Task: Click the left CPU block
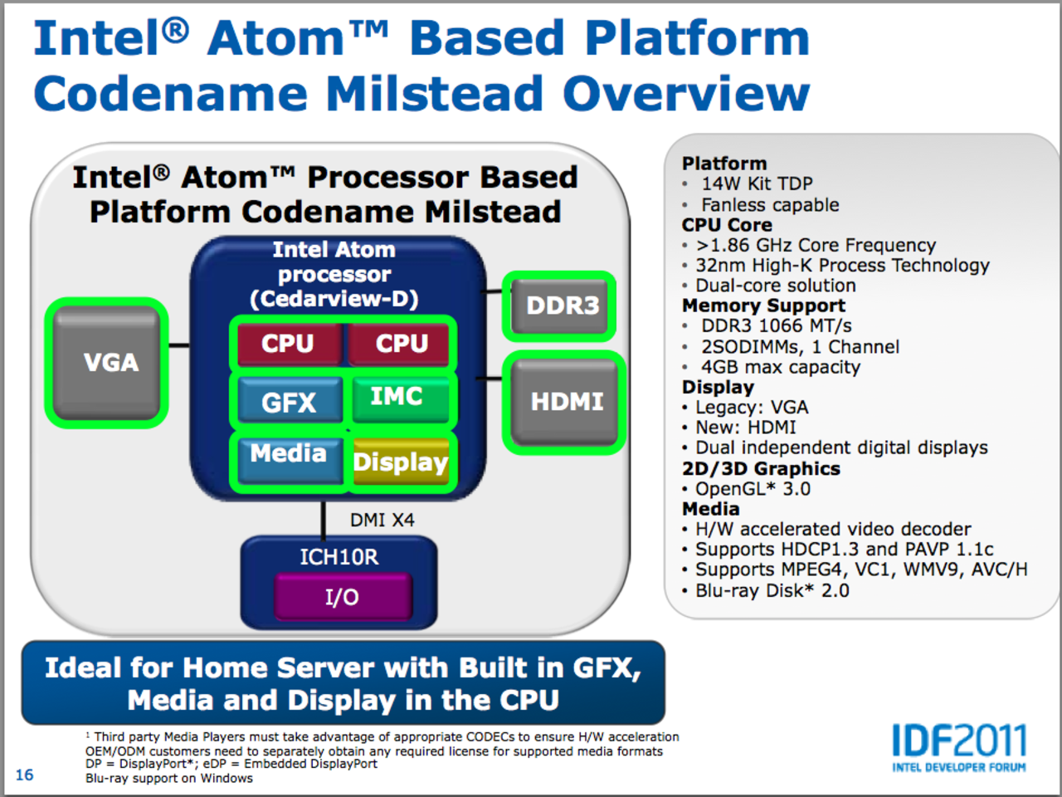click(x=288, y=344)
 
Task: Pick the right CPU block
click(x=401, y=344)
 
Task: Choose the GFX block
click(x=289, y=402)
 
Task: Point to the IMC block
click(x=399, y=398)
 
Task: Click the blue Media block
click(x=288, y=457)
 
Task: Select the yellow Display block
click(x=400, y=462)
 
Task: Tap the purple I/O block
click(x=342, y=597)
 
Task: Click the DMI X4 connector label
click(x=382, y=521)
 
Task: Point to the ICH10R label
click(x=339, y=557)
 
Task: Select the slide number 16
click(x=24, y=775)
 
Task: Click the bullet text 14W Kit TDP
click(x=757, y=183)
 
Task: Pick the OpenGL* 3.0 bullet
click(x=753, y=489)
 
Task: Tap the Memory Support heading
click(x=763, y=306)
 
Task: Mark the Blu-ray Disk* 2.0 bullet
click(x=772, y=590)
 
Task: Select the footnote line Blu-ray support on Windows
click(x=169, y=778)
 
